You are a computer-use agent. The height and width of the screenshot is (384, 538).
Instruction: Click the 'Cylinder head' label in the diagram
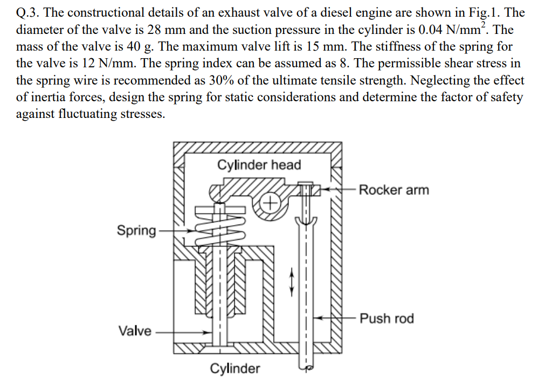(259, 165)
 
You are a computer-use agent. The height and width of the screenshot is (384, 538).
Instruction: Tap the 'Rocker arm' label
(394, 190)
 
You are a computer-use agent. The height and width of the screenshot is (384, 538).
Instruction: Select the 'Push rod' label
(387, 318)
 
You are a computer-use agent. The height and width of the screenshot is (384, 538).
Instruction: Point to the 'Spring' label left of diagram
(136, 231)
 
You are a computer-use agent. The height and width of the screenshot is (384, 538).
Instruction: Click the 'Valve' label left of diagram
(135, 331)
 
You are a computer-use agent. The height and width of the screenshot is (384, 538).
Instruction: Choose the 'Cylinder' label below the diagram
(234, 368)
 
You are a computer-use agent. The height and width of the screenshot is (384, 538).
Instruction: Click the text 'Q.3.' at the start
(29, 12)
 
